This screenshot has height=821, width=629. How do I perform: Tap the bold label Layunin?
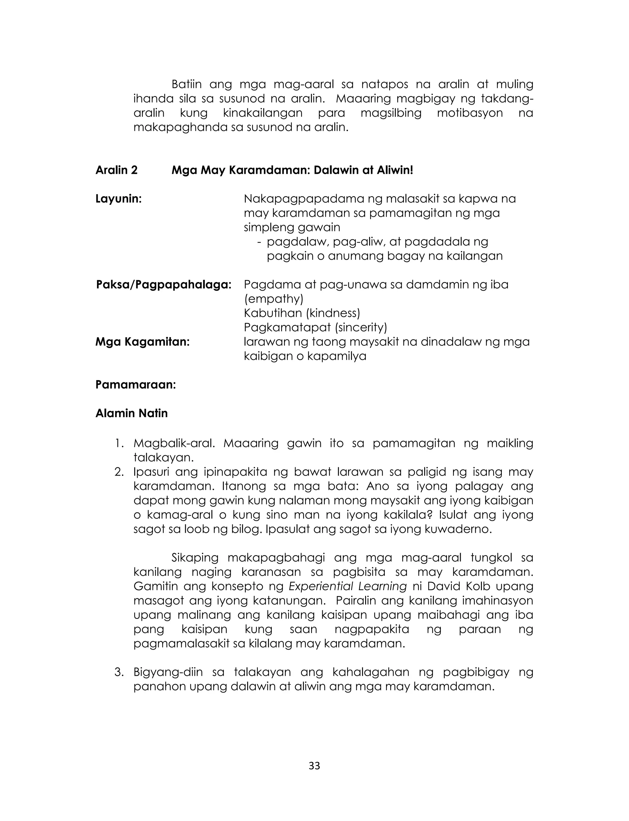tap(119, 199)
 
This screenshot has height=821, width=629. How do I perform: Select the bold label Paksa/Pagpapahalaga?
tap(164, 285)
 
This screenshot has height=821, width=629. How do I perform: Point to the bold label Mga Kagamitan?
tap(142, 342)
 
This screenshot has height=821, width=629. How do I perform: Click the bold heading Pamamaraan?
tap(135, 385)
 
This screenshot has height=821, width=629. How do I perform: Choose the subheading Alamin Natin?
tap(131, 413)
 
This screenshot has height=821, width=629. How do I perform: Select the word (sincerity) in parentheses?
tap(360, 327)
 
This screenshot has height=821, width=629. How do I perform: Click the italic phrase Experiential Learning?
tap(347, 586)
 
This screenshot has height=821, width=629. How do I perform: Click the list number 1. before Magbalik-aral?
tap(119, 443)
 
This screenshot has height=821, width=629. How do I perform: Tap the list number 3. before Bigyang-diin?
tap(119, 672)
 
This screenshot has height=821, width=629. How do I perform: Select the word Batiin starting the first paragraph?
tap(186, 84)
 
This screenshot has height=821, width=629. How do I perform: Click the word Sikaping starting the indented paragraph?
tap(194, 557)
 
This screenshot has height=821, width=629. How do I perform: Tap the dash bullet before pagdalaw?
tap(259, 242)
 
